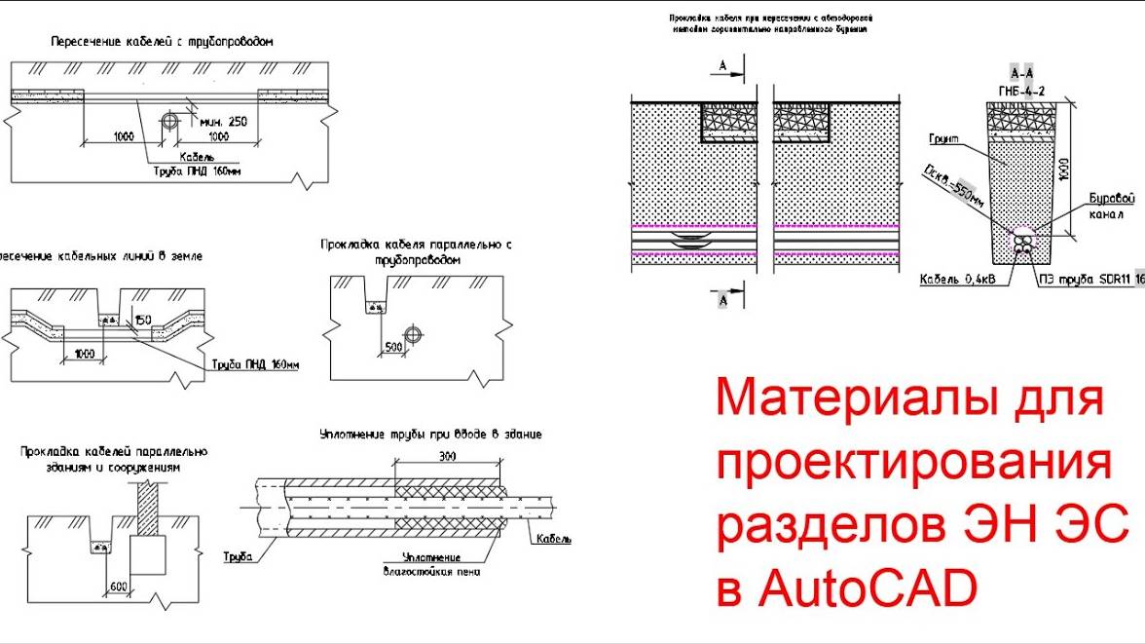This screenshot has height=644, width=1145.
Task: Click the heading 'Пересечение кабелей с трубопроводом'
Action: (x=162, y=43)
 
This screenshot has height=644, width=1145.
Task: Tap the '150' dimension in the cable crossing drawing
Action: (x=145, y=320)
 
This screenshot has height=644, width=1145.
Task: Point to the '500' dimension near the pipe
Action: (x=392, y=347)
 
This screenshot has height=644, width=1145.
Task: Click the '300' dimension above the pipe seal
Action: (x=448, y=456)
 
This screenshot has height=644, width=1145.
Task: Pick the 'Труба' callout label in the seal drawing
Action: (x=238, y=557)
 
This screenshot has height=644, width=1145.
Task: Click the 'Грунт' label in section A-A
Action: (x=943, y=139)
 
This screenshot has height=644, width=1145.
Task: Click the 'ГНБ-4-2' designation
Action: (x=1022, y=90)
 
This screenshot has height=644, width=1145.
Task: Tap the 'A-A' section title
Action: (x=1022, y=74)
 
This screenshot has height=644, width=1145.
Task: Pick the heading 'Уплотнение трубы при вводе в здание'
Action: (x=430, y=435)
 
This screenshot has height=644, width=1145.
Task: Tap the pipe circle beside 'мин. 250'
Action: (x=170, y=122)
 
